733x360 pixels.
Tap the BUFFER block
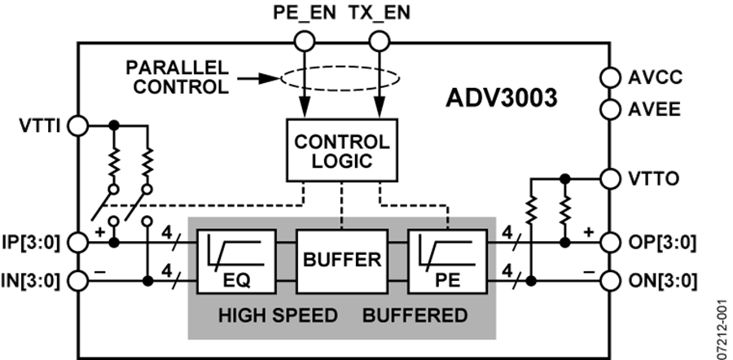click(342, 261)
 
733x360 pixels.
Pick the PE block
click(446, 261)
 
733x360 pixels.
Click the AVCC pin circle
click(608, 77)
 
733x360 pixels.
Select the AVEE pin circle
click(608, 108)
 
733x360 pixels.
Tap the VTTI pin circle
click(77, 125)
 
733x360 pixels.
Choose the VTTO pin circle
click(608, 177)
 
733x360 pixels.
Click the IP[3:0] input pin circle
click(77, 242)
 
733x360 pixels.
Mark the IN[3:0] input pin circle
click(77, 281)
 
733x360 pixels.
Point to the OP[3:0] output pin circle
click(608, 242)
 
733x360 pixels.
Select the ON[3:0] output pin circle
click(608, 281)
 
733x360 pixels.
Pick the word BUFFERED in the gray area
click(415, 315)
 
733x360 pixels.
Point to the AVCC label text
click(655, 78)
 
